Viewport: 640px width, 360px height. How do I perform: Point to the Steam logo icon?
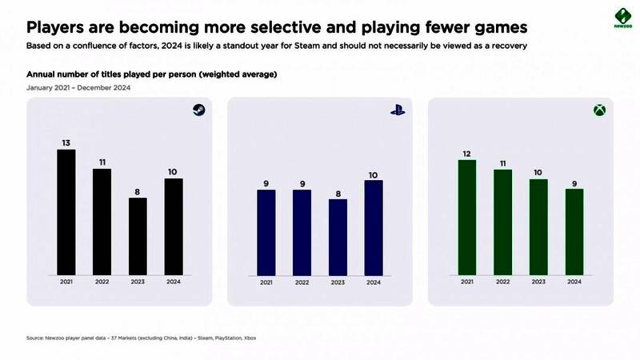[198, 111]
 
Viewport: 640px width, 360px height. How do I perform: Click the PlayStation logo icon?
[398, 111]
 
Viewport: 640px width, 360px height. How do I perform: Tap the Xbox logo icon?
[598, 111]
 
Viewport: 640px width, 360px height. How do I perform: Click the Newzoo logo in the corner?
[611, 18]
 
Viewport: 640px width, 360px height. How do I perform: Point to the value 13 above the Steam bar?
[66, 142]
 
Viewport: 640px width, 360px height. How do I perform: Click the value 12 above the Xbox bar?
[466, 153]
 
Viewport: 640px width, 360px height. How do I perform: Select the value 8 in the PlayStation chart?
[338, 192]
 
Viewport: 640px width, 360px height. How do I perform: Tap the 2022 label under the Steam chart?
[102, 282]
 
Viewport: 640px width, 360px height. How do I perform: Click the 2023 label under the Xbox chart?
[538, 282]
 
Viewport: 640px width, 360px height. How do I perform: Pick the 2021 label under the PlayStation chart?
[266, 282]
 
